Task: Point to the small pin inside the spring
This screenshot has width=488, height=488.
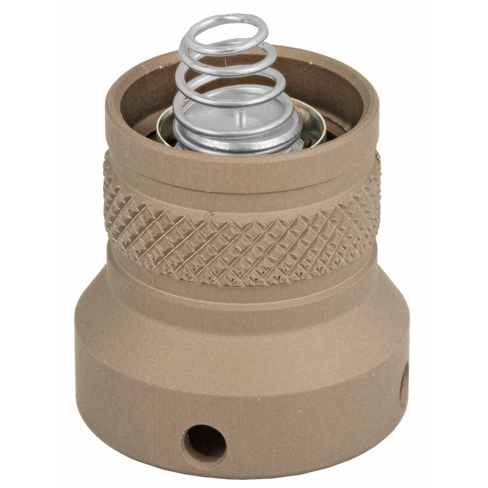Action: point(240,118)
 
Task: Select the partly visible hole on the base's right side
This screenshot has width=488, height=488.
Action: point(403,388)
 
